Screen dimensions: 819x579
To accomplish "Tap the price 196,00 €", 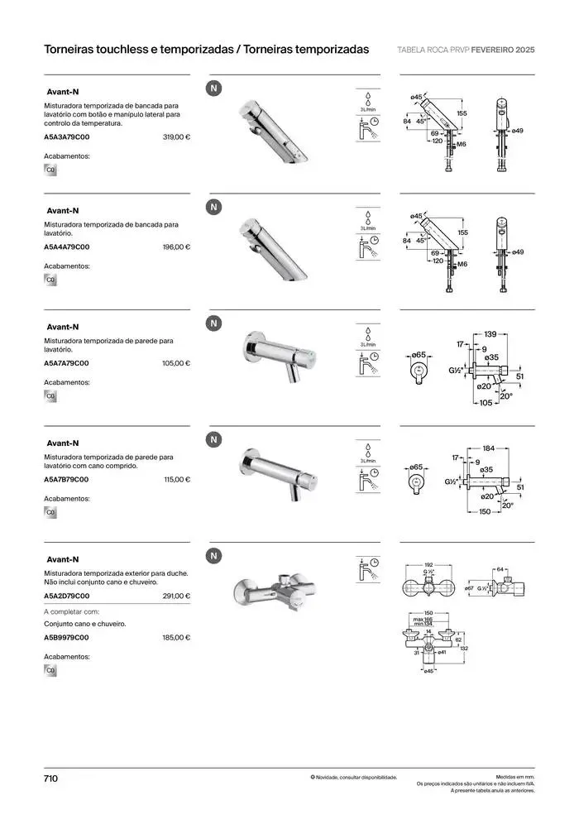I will pyautogui.click(x=176, y=247).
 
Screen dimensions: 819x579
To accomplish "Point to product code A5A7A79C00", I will pyautogui.click(x=66, y=363).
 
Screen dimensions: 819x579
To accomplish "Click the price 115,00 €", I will pyautogui.click(x=176, y=480).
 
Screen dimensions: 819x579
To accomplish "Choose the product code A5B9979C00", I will pyautogui.click(x=66, y=638).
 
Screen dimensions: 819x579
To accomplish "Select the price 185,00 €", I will pyautogui.click(x=176, y=638).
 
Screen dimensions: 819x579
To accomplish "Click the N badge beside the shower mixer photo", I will pyautogui.click(x=214, y=556).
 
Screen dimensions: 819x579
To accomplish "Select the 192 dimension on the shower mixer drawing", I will pyautogui.click(x=428, y=564).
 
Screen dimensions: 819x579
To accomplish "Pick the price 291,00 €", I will pyautogui.click(x=176, y=596).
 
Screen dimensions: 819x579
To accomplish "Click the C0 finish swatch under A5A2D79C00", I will pyautogui.click(x=50, y=670).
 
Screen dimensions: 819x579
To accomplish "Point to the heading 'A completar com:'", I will pyautogui.click(x=71, y=611).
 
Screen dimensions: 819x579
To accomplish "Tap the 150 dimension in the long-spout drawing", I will pyautogui.click(x=485, y=512).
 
